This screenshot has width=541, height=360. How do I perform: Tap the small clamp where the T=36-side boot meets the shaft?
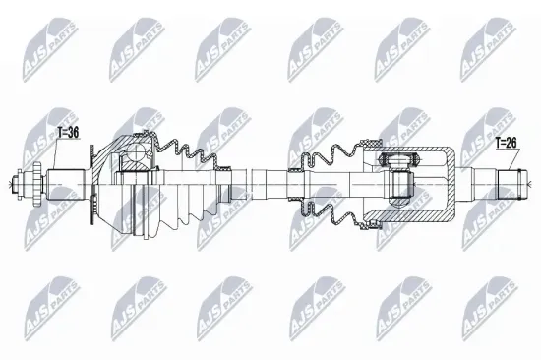tap(228, 183)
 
